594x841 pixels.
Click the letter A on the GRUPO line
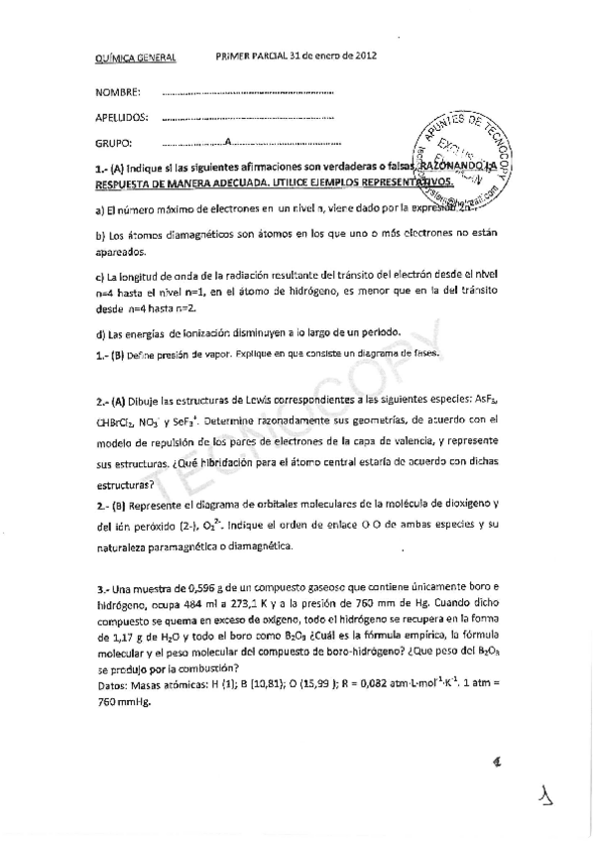point(228,142)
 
